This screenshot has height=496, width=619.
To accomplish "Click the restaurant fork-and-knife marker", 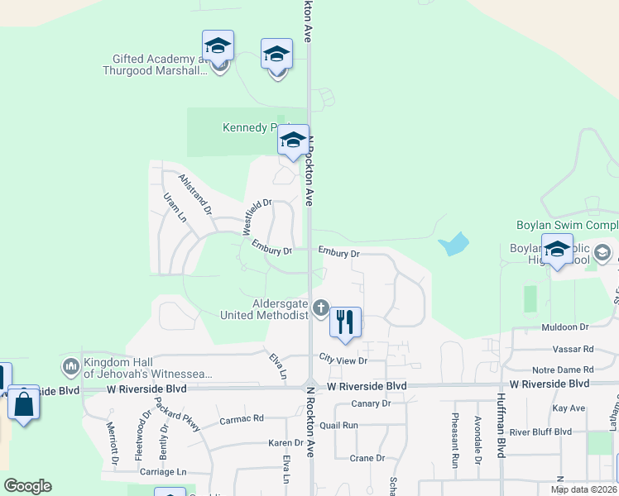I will click(345, 321).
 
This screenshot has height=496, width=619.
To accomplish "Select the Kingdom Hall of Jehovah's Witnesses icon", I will click(70, 365).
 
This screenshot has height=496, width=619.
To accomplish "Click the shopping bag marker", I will click(23, 404).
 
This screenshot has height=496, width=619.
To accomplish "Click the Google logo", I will click(27, 486).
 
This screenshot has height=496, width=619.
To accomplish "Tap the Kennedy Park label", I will click(249, 127).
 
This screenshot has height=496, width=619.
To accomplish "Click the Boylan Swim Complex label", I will click(568, 225).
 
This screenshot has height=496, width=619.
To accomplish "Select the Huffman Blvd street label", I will click(501, 436).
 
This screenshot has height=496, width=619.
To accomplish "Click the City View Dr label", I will click(343, 360).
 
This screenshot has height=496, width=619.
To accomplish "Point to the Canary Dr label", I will click(370, 403).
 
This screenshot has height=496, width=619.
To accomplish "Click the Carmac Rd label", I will click(241, 420).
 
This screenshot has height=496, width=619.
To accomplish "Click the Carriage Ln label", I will click(163, 472).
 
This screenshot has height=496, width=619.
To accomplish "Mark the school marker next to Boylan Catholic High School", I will click(557, 250).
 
